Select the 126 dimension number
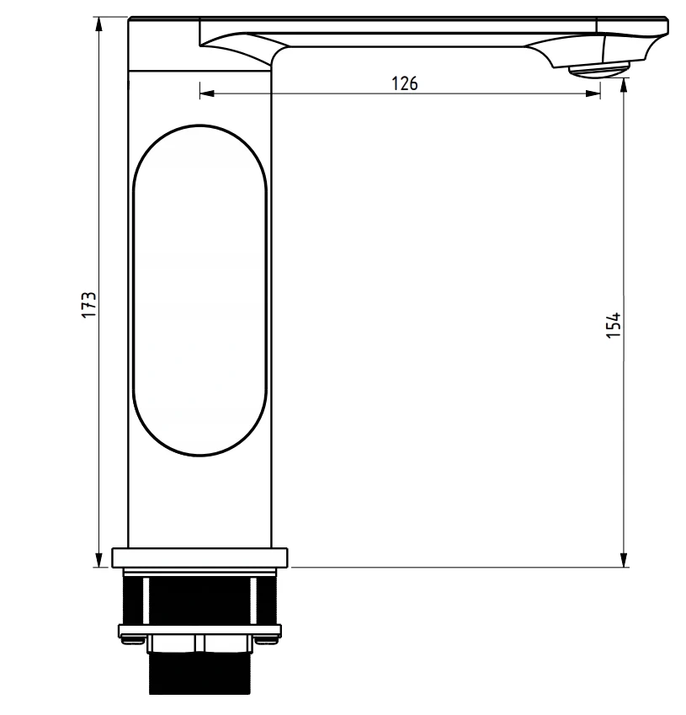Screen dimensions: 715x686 (x=405, y=83)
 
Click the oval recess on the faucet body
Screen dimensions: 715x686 (x=199, y=291)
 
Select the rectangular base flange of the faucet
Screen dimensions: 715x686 (x=199, y=558)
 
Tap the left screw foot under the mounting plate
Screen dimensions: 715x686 (x=130, y=639)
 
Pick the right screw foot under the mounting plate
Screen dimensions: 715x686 (x=269, y=639)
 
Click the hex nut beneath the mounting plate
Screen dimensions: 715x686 (x=199, y=645)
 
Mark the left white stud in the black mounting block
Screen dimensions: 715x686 (x=146, y=601)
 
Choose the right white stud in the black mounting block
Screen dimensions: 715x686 (x=253, y=601)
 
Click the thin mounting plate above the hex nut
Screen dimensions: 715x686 (x=199, y=630)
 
